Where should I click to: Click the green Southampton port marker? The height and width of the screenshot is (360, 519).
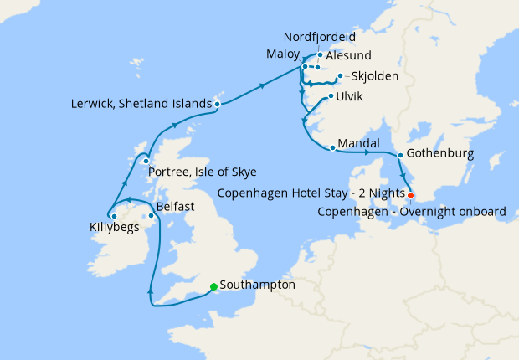point(213,285)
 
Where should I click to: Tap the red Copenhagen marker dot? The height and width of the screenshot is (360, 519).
point(410,195)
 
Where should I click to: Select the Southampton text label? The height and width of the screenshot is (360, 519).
point(257,285)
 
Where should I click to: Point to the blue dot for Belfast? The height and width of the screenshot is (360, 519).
point(151,216)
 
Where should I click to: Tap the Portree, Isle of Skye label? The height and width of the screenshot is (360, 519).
point(202,172)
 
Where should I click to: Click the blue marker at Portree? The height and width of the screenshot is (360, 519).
point(146,161)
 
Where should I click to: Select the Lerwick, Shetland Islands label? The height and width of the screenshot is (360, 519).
point(141,104)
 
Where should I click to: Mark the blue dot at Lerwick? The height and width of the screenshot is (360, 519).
point(218,105)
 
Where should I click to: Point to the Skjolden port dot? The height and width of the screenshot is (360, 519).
point(339,77)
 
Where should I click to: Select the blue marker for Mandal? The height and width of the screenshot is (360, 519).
point(333,148)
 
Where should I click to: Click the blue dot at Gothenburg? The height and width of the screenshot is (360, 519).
point(401,155)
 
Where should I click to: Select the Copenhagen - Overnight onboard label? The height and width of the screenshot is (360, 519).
point(413,212)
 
